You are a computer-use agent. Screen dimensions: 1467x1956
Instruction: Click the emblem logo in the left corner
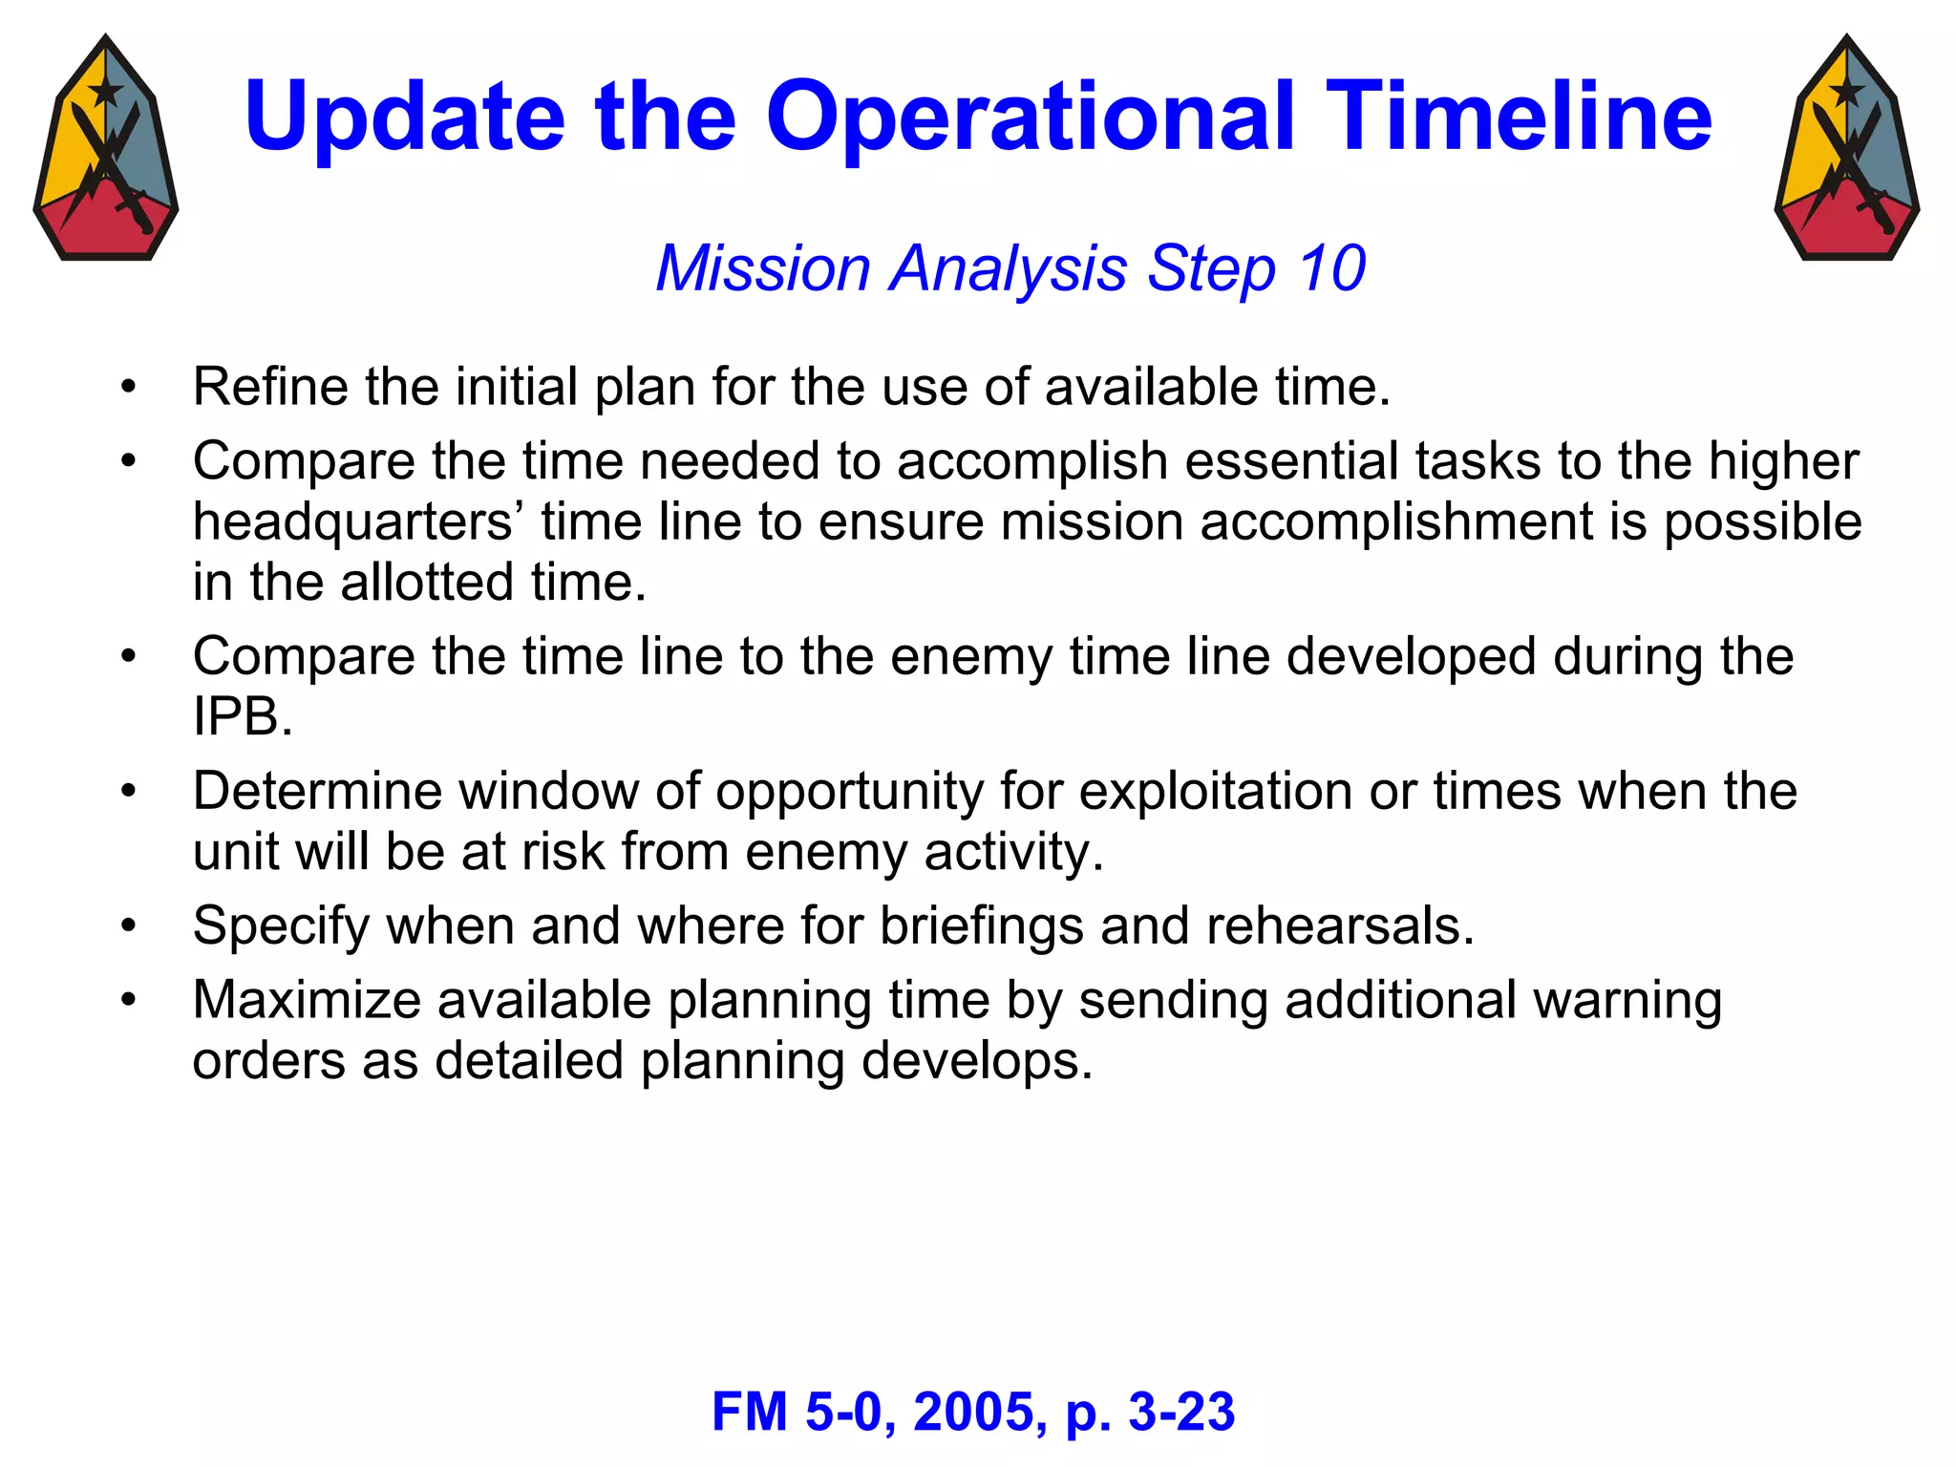pyautogui.click(x=106, y=148)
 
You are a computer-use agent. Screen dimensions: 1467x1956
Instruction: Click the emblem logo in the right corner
pyautogui.click(x=1847, y=148)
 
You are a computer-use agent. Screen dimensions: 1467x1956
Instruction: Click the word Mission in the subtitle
pyautogui.click(x=762, y=268)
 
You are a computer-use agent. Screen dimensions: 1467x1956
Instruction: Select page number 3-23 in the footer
pyautogui.click(x=1181, y=1412)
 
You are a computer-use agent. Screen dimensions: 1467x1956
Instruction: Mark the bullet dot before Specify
pyautogui.click(x=129, y=926)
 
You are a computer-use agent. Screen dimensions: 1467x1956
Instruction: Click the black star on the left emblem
pyautogui.click(x=105, y=93)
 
